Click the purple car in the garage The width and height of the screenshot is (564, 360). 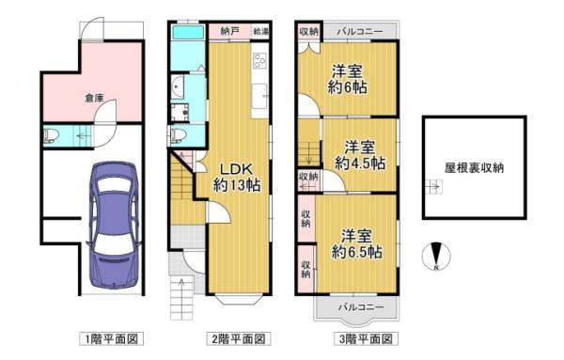tap(113, 225)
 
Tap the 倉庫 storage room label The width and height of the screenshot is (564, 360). tap(94, 98)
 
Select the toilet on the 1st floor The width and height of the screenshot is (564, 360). tap(51, 136)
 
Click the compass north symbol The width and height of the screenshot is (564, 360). tap(436, 256)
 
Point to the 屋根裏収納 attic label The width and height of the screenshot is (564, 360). tap(474, 168)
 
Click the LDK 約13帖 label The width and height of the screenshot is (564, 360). tap(237, 177)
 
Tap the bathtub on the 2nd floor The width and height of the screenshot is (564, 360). tap(188, 33)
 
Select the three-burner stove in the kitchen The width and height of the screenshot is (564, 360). tap(259, 60)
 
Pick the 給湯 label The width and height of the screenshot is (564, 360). tap(261, 31)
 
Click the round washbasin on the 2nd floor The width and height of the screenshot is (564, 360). tap(178, 86)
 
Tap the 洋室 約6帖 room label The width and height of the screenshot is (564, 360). tap(347, 79)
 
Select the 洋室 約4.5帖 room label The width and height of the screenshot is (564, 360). tap(360, 155)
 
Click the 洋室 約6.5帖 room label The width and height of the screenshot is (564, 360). tap(356, 243)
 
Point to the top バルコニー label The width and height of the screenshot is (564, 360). tap(360, 32)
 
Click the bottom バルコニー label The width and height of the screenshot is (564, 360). tap(361, 307)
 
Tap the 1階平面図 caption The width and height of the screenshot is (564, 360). tap(112, 338)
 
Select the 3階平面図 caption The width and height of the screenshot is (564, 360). tap(366, 338)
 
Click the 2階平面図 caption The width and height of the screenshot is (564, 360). tap(239, 338)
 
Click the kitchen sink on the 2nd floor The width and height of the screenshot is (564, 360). tap(259, 96)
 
